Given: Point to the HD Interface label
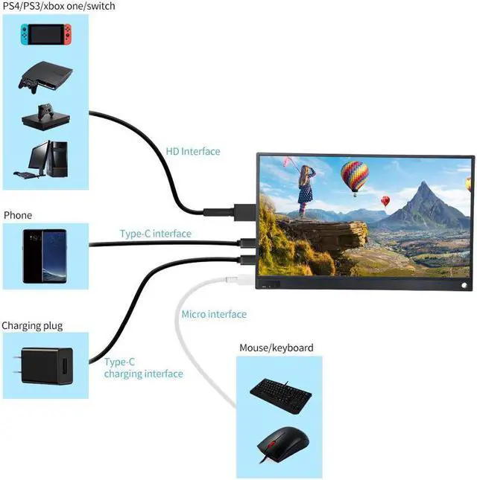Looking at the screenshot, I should [x=192, y=151].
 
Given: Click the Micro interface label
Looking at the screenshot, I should [x=214, y=314].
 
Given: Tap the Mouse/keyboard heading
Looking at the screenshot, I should [x=276, y=348].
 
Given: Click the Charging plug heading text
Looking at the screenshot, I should [x=32, y=325].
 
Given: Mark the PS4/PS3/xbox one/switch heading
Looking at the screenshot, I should [x=59, y=6].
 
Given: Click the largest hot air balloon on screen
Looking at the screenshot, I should [x=354, y=176].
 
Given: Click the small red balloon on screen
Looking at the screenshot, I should [x=385, y=200].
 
